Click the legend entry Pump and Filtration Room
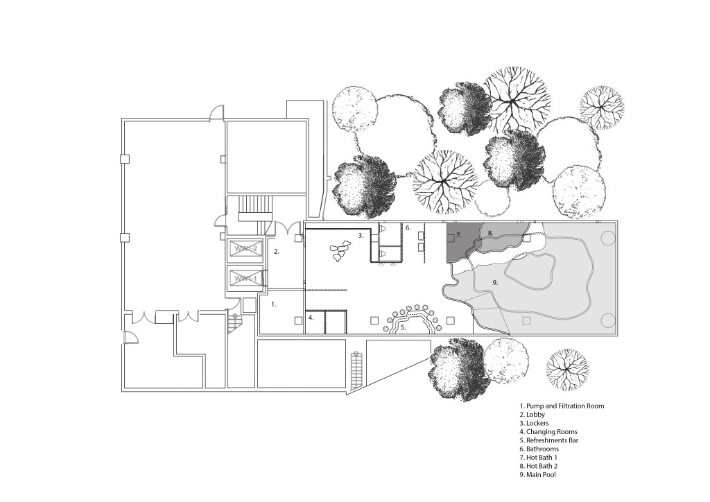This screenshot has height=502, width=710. (x=562, y=406)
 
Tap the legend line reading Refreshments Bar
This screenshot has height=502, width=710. (x=549, y=440)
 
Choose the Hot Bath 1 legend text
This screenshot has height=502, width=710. (x=538, y=458)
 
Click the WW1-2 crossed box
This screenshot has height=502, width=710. (x=245, y=249)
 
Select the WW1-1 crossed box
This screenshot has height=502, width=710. (x=245, y=278)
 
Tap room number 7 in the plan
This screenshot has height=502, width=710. (x=459, y=235)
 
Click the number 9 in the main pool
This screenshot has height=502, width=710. (x=495, y=282)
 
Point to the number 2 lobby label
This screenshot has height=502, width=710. (x=276, y=252)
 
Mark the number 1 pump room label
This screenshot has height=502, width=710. (x=273, y=304)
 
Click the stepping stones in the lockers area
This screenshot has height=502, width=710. (x=340, y=252)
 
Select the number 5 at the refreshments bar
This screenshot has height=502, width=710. (x=403, y=327)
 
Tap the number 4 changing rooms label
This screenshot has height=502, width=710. (x=311, y=318)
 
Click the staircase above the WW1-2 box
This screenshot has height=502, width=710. (x=257, y=207)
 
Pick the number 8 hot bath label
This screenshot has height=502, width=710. (x=490, y=233)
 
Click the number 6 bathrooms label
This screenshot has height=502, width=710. (x=408, y=228)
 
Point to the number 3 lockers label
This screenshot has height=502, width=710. (x=361, y=235)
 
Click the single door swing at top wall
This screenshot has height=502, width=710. (x=216, y=112)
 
